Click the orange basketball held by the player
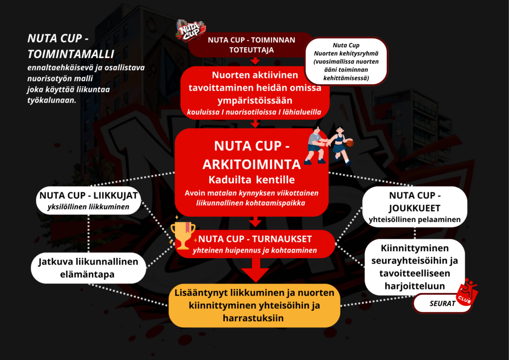(x=350, y=143)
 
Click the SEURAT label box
(x=441, y=303)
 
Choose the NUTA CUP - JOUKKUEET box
(x=415, y=206)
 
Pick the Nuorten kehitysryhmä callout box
(x=346, y=62)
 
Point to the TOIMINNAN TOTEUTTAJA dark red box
(x=251, y=45)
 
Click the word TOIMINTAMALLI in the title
(x=71, y=53)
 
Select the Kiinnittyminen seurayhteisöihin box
(x=415, y=267)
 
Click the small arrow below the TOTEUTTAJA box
(x=255, y=61)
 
